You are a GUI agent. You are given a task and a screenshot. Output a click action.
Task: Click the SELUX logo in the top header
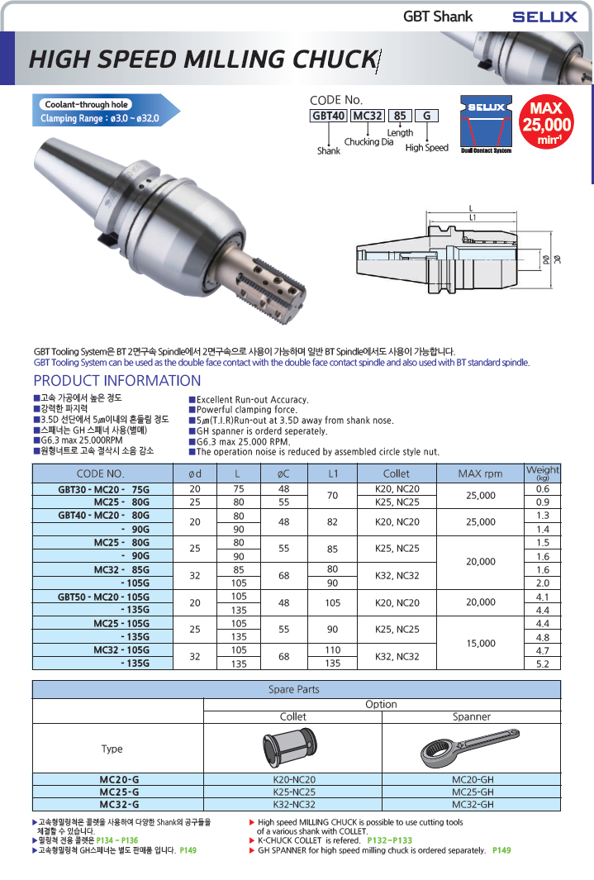point(544,17)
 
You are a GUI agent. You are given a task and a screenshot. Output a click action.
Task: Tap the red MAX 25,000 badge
point(546,123)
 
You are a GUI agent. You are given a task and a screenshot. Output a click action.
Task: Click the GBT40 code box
point(328,116)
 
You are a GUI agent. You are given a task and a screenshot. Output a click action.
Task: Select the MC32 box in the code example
point(368,116)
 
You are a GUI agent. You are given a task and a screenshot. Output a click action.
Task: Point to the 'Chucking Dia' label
point(368,142)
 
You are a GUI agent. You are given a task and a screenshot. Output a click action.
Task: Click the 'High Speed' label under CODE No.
point(426,148)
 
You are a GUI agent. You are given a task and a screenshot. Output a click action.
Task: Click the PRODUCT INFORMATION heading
point(116,381)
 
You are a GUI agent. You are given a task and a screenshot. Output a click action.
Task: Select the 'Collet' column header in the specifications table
point(397,473)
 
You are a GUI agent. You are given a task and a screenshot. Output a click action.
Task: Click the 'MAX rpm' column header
point(480,473)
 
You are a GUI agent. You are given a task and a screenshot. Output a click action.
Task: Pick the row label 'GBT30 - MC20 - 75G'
point(104,489)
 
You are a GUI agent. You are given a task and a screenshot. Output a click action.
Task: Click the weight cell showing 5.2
point(543,664)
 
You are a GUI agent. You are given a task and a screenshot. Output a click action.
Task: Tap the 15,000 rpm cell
point(482,643)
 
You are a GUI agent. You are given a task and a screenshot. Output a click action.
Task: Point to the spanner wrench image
point(471,749)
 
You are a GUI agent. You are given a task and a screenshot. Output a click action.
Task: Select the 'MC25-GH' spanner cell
point(472,791)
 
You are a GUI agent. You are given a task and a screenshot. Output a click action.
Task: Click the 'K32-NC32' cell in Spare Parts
point(292,803)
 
